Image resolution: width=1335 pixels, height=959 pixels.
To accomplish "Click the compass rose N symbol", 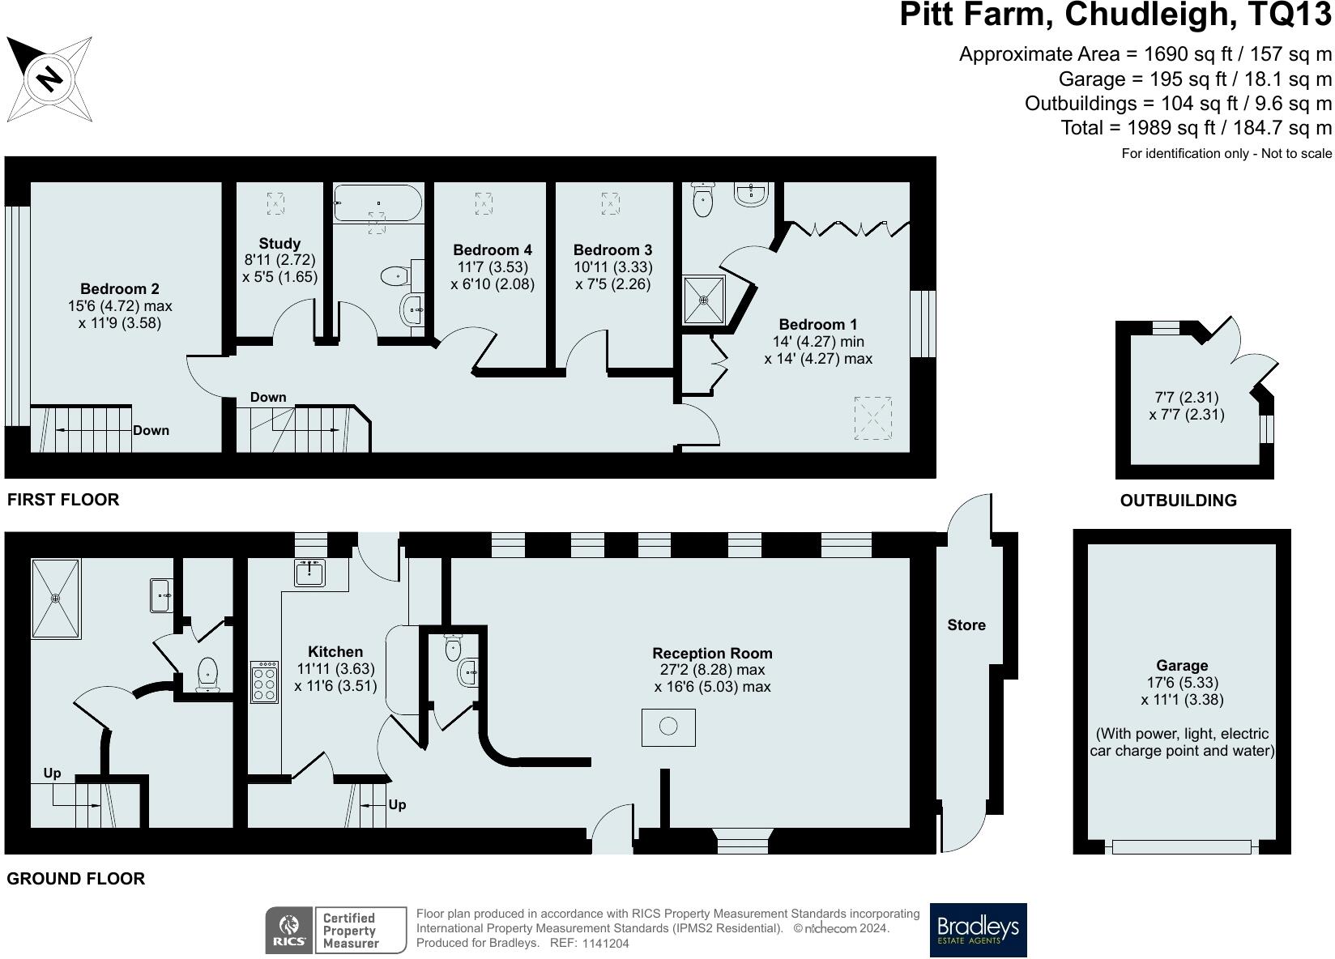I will click(49, 79).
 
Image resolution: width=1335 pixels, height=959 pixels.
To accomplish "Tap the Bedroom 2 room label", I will click(120, 289).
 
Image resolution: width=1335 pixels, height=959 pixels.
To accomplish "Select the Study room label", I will click(279, 243).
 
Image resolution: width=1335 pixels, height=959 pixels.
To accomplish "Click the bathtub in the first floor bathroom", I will click(378, 203).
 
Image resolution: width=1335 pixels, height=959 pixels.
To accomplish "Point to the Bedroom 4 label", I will click(493, 250).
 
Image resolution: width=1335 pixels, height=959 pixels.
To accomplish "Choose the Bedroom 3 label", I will click(612, 250).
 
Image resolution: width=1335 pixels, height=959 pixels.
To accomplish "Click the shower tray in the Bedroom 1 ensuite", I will click(704, 299).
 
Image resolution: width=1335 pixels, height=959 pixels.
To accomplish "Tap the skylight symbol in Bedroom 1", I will click(873, 418).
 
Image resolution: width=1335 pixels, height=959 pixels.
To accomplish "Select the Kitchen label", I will click(335, 652).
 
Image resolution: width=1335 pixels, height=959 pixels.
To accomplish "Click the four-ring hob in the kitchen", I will click(264, 682).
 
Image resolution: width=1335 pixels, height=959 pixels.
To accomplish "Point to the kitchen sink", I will click(310, 572).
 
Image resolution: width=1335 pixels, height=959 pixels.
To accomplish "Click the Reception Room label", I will click(712, 654).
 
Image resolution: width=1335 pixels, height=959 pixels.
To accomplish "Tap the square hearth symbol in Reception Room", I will click(668, 727).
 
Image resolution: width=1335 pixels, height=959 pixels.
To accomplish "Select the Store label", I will click(966, 625).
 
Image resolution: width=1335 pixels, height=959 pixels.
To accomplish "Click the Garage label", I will click(1182, 666).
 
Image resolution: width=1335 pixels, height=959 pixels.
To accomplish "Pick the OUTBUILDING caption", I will click(1178, 501).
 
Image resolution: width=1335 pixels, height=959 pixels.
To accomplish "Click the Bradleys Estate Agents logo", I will click(978, 930).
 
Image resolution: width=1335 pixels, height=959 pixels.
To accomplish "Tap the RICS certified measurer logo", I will click(335, 930).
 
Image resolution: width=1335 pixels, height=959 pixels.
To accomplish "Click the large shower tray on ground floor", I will click(56, 598).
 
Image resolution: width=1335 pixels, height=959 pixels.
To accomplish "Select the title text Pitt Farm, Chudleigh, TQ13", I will click(1115, 15).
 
